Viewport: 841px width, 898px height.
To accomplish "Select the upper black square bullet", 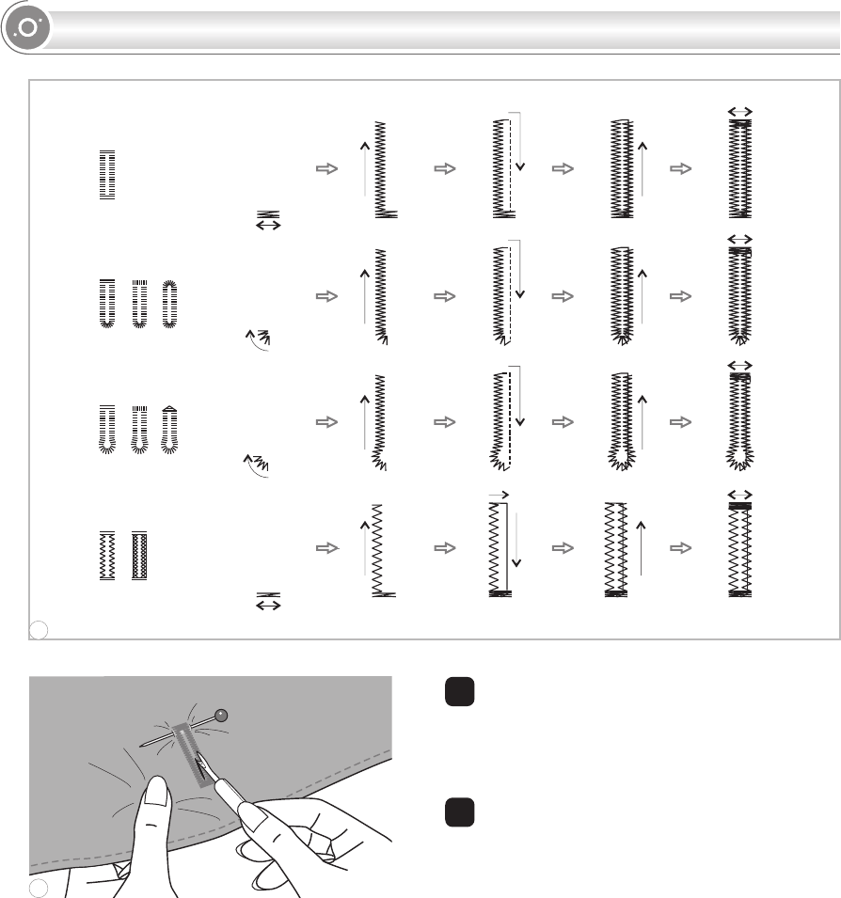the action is (x=458, y=693).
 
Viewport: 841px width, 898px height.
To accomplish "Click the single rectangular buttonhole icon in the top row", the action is (x=106, y=174).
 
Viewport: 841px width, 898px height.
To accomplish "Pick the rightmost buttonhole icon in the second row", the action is (x=169, y=303).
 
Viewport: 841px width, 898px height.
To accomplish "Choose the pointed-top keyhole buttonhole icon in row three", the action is (x=169, y=430).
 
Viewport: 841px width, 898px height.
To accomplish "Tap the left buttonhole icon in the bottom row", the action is (x=106, y=556).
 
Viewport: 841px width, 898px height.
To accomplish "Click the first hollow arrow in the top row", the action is (x=325, y=169).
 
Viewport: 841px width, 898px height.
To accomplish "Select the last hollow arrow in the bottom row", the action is (x=679, y=549).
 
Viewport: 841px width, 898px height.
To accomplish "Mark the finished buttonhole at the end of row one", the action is (x=741, y=168).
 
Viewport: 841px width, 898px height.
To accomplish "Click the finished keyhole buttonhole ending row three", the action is (x=741, y=420).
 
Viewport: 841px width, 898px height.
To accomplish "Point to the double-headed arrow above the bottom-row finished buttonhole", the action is (x=741, y=495).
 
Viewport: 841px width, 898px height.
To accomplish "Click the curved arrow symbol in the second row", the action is (x=256, y=339).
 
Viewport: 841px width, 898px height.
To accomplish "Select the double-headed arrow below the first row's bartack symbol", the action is (x=269, y=226).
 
